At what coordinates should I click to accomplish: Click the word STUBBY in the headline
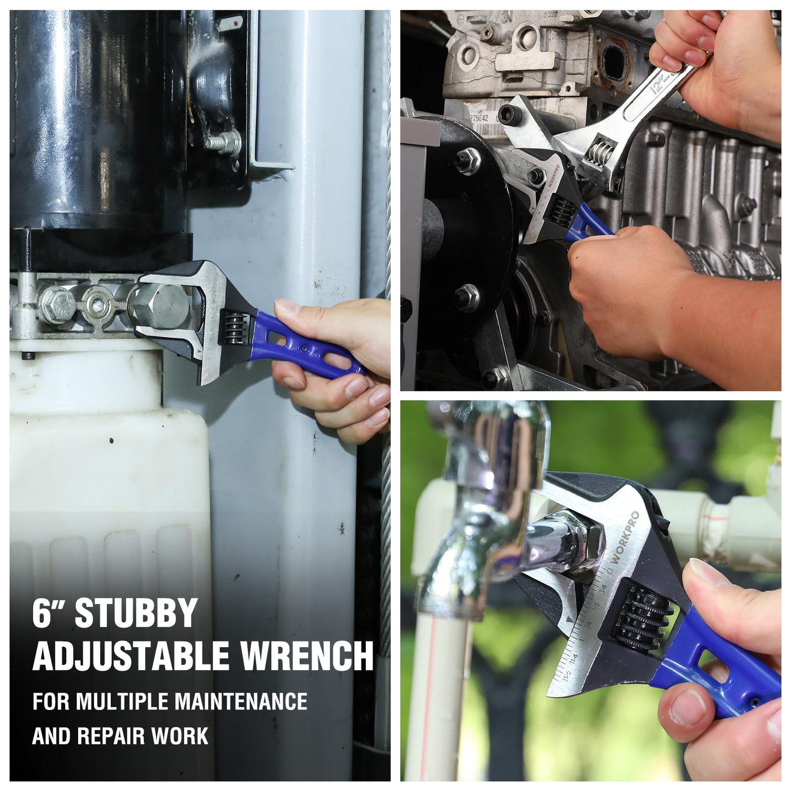pyautogui.click(x=136, y=614)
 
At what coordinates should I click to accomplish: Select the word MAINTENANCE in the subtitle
pyautogui.click(x=241, y=702)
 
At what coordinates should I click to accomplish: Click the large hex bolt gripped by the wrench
pyautogui.click(x=159, y=307)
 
